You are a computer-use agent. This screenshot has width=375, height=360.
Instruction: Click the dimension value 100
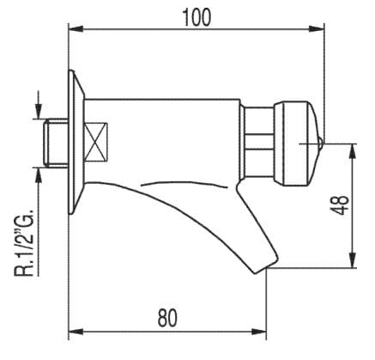click(x=197, y=15)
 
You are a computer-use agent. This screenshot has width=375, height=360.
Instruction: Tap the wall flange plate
click(x=76, y=142)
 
